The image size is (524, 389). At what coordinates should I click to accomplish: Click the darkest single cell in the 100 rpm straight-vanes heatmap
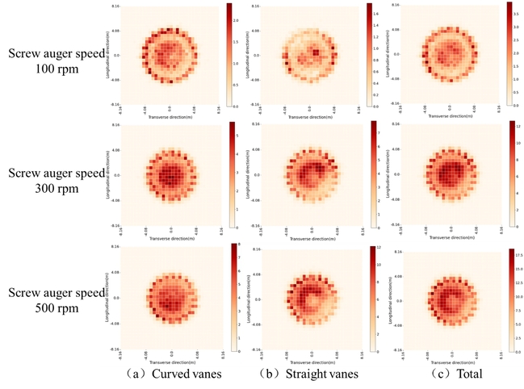(316, 52)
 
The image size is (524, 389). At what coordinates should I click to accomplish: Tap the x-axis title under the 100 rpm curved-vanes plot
(170, 116)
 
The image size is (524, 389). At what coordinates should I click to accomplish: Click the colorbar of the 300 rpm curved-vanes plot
(232, 174)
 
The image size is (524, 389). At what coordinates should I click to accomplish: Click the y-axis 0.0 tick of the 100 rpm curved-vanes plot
(116, 56)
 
